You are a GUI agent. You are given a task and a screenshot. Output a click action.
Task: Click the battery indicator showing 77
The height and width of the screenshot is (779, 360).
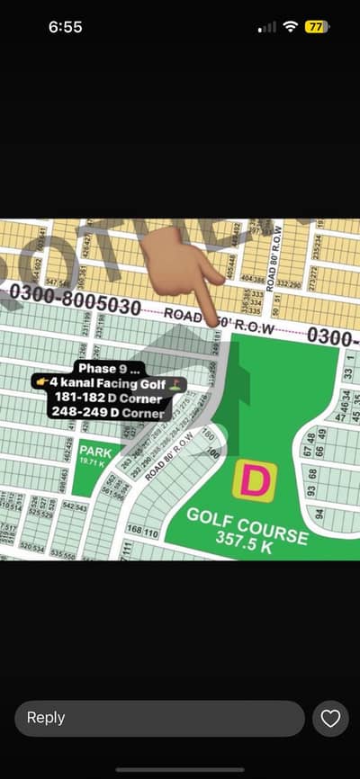[x=316, y=27]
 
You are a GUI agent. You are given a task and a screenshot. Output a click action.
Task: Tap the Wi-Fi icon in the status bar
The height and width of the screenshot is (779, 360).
[x=290, y=27]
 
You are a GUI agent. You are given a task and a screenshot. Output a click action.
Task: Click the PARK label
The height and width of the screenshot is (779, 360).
[x=94, y=451]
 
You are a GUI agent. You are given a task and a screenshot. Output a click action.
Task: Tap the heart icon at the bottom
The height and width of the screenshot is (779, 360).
[x=330, y=718]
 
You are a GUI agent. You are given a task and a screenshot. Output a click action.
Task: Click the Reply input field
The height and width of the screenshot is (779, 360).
[x=159, y=718]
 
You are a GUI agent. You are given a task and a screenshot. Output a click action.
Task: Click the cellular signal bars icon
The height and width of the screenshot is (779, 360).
[x=267, y=28]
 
